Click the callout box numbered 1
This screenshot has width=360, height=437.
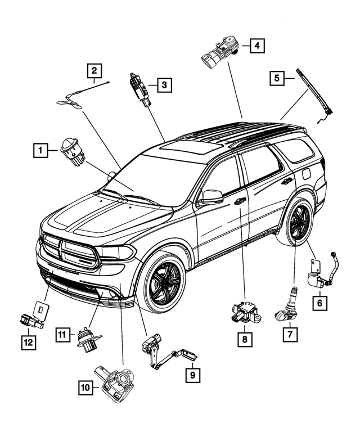pos(40,150)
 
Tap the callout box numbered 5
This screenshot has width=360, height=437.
pos(277,79)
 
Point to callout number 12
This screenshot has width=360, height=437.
pos(27,342)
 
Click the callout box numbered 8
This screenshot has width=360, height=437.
pos(245,339)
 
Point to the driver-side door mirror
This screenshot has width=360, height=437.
pos(211,197)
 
